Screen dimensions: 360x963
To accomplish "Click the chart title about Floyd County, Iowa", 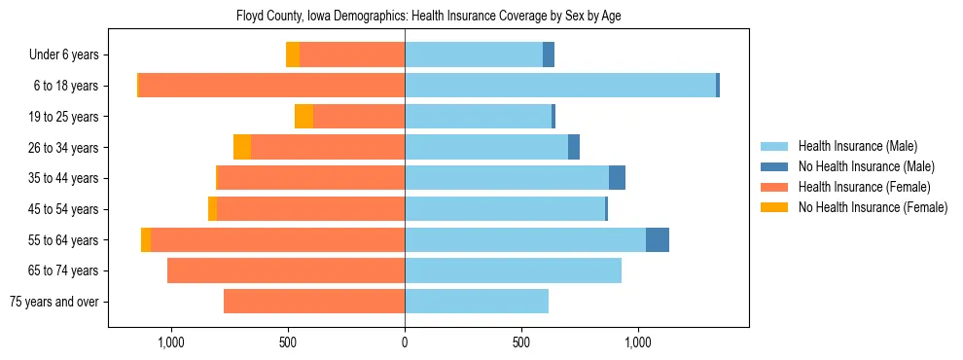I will point(428,16).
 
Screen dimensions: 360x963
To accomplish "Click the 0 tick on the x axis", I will point(405,343).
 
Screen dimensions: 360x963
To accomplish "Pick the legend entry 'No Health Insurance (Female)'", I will point(873,207).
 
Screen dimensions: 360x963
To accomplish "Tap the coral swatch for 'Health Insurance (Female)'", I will point(774,187).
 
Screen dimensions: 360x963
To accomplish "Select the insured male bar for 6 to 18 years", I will point(560,86).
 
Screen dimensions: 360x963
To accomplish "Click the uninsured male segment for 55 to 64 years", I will point(658,239).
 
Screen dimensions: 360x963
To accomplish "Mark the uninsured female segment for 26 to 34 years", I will point(242,147).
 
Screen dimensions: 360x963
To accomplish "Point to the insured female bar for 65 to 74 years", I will point(286,270).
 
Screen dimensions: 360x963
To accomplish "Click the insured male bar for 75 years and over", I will point(477,302).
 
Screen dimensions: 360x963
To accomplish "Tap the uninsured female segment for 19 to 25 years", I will point(303,117).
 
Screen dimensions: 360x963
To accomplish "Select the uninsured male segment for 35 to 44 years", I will point(617,178).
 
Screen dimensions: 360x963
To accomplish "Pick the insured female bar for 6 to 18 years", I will point(272,86).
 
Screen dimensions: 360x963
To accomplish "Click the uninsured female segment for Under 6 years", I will point(293,55).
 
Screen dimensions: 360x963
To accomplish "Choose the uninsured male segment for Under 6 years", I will point(549,55).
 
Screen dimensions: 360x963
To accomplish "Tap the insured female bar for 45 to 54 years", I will point(311,209).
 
